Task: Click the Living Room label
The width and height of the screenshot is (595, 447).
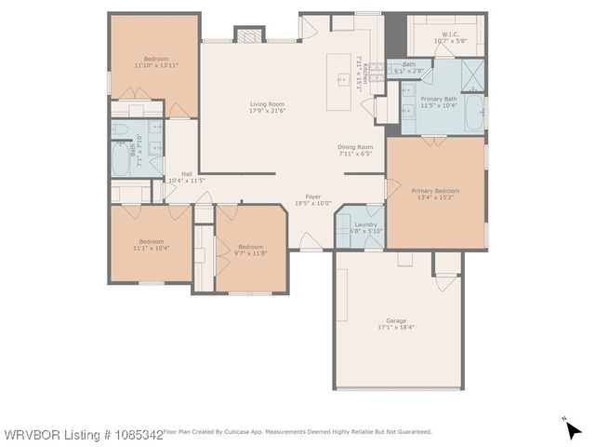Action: click(x=266, y=104)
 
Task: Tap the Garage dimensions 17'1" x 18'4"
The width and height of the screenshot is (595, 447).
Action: click(x=396, y=328)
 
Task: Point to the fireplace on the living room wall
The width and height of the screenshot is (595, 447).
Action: click(x=248, y=35)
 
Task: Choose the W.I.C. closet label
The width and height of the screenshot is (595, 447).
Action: click(x=438, y=34)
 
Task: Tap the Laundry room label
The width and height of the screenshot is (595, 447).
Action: click(x=365, y=224)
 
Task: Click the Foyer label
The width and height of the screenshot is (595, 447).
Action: click(x=314, y=197)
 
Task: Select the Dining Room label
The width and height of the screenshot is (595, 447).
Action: click(x=354, y=147)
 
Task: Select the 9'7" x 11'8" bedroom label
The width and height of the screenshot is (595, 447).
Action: click(x=250, y=247)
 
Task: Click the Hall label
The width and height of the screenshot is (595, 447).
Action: click(x=187, y=174)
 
